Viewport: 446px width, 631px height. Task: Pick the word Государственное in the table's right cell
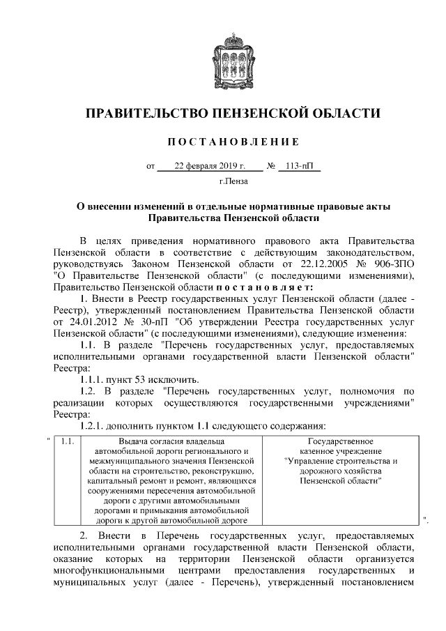pyautogui.click(x=341, y=441)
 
